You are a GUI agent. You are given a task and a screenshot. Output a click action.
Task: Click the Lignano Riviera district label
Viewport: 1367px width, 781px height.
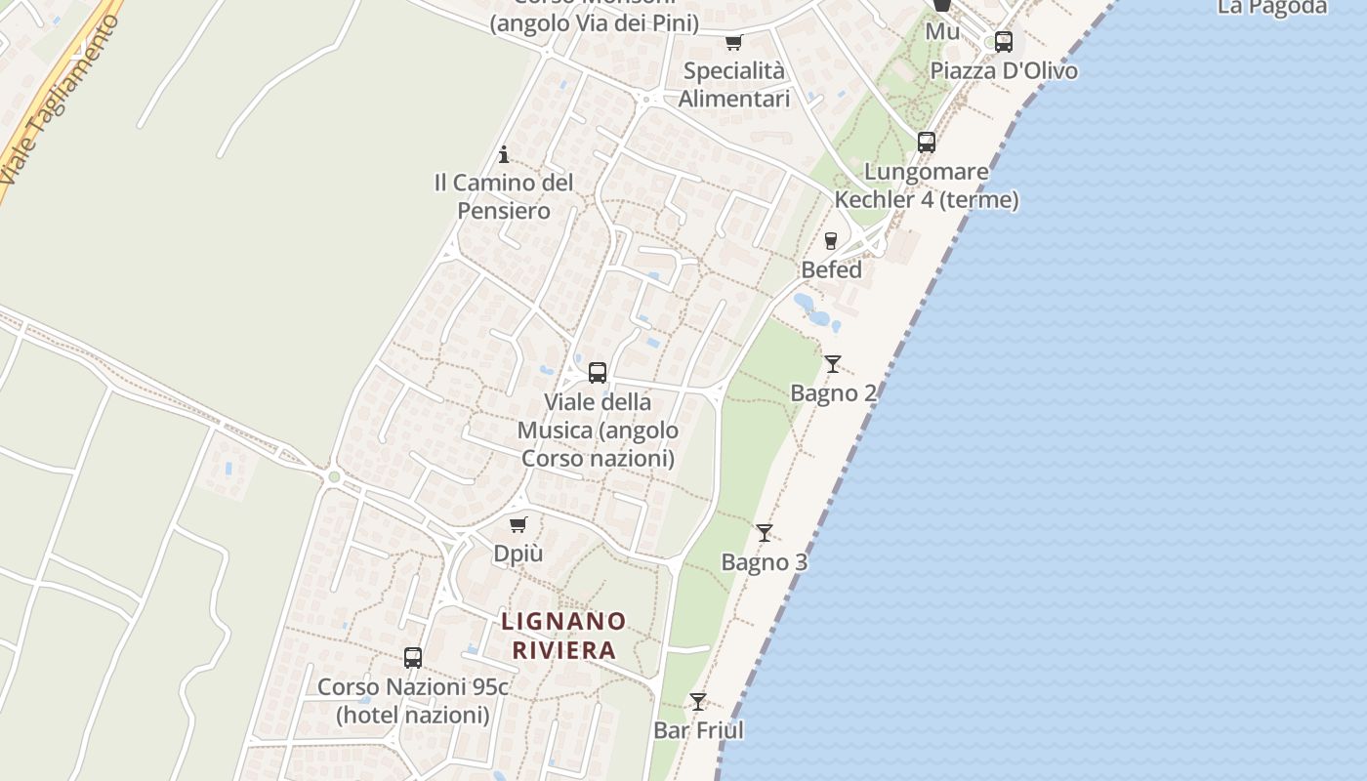coord(563,636)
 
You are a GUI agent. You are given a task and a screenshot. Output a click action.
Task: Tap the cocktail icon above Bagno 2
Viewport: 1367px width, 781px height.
coord(832,364)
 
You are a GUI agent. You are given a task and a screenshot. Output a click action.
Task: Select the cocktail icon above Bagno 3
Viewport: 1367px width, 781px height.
coord(765,533)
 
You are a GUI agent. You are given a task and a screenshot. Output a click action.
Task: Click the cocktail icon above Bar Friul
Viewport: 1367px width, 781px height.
coord(698,702)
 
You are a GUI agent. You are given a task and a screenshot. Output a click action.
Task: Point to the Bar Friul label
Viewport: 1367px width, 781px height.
coord(698,730)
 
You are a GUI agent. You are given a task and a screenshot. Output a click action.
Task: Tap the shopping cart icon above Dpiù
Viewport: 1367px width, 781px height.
coord(518,525)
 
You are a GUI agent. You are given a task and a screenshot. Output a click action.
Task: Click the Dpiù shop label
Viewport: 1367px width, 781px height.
coord(518,554)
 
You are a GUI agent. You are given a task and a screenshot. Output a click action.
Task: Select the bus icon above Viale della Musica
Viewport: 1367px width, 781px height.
coord(598,373)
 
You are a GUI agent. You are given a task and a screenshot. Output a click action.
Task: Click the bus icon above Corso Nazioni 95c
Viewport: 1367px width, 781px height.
coord(413,658)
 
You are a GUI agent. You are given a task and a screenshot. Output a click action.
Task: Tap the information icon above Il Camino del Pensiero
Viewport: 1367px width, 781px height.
coord(504,154)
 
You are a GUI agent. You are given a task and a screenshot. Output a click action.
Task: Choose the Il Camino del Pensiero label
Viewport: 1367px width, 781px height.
coord(504,196)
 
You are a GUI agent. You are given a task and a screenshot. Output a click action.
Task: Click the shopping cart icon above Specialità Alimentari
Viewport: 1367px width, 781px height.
coord(733,42)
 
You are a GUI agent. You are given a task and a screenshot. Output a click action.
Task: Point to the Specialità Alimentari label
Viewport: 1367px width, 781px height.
coord(734,85)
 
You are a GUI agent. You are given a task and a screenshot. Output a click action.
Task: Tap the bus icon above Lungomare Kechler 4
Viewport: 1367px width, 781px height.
coord(927,143)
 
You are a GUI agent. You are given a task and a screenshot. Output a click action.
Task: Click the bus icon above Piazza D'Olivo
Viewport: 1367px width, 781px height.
coord(1004,42)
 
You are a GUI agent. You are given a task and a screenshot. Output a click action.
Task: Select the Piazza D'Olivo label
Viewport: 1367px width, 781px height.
coord(1004,70)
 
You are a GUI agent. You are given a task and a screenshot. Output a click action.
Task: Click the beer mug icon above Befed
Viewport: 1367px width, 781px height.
coord(831,241)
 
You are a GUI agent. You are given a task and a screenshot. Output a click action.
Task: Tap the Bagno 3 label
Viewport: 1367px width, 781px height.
coord(765,562)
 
